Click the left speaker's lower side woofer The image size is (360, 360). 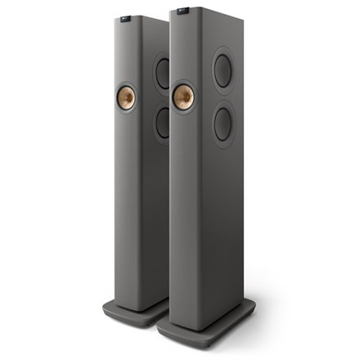point(162,124)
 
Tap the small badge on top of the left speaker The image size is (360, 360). point(122,14)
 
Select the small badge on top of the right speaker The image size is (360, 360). point(179,11)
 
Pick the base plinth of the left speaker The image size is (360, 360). point(131,310)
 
